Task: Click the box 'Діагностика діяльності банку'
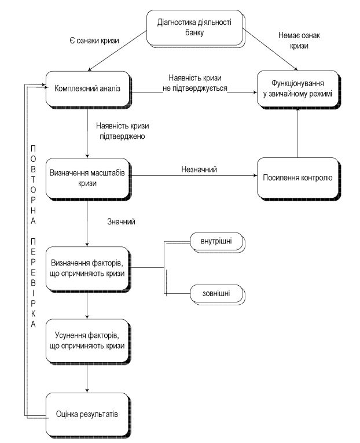(x=195, y=28)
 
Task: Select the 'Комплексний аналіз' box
(x=88, y=89)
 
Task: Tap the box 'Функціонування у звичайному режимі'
(x=298, y=89)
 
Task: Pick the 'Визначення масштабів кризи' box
(x=87, y=179)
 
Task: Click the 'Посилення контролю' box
(x=298, y=178)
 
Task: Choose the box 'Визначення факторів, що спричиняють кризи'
(x=87, y=269)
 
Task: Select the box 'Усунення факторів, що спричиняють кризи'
(x=87, y=341)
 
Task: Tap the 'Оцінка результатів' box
(x=87, y=415)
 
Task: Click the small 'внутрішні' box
(x=217, y=242)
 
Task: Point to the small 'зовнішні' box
(x=217, y=294)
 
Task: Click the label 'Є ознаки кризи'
(x=94, y=40)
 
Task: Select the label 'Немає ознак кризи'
(x=299, y=40)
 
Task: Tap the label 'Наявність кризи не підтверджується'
(x=195, y=83)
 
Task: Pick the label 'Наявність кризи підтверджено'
(x=123, y=131)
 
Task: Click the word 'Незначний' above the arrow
(x=199, y=169)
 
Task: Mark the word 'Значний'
(x=121, y=221)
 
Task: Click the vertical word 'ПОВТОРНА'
(x=34, y=185)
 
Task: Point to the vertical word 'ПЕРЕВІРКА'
(x=34, y=283)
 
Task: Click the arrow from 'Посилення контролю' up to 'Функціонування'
(x=298, y=133)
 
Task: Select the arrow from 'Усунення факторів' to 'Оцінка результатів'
(x=87, y=378)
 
